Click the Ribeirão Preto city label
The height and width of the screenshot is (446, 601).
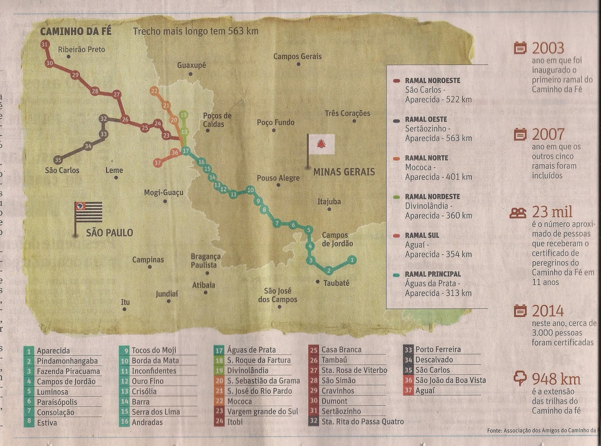point(82,50)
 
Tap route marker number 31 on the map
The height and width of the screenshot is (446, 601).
point(44,44)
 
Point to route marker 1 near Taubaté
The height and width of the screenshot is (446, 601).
point(352,259)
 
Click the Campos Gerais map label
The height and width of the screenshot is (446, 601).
point(297,56)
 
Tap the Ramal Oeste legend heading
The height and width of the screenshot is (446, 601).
point(426,119)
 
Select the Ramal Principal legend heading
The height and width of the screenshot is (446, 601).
point(433,274)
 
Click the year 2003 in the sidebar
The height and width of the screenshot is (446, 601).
point(548,48)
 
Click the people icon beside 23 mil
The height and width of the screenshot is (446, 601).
point(518,213)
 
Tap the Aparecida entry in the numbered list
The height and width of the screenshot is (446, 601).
point(53,351)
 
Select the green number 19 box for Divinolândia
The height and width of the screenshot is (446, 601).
point(219,370)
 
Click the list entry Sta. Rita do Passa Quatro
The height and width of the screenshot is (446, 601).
point(362,422)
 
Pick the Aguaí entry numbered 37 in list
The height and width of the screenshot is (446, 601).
point(425,390)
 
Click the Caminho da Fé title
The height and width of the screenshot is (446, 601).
point(76,31)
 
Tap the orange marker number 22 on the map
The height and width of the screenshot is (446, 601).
point(154,91)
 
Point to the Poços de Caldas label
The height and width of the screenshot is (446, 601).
point(217,120)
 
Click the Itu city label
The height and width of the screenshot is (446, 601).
point(125,302)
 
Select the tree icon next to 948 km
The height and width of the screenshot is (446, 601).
point(520,378)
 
